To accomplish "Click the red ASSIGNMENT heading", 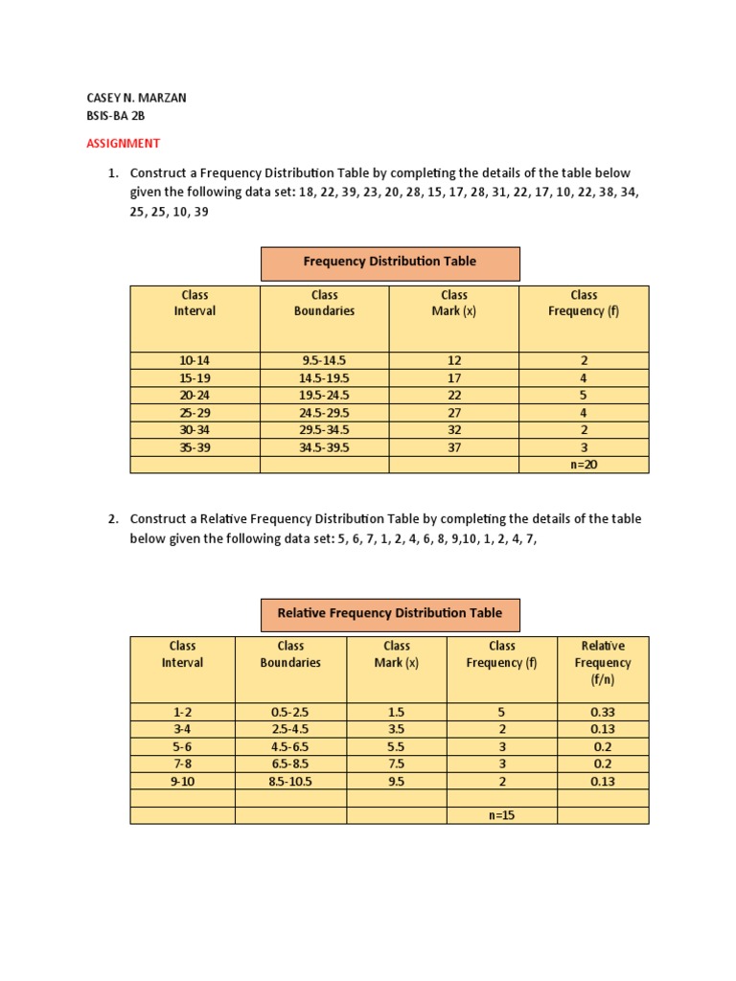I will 123,143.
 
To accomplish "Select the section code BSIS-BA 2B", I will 116,116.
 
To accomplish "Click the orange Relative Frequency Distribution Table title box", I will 390,613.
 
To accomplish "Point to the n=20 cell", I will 583,465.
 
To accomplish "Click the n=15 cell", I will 502,815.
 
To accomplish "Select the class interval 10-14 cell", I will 195,360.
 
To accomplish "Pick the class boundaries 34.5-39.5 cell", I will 324,447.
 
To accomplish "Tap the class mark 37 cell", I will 454,447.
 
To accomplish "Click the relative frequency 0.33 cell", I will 603,712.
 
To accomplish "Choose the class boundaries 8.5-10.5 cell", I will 290,781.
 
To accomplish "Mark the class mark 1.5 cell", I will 396,712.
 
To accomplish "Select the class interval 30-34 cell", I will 195,430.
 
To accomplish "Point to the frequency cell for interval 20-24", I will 583,395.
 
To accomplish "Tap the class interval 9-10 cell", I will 182,781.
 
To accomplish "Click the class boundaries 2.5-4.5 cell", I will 290,729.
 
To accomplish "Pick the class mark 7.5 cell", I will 396,764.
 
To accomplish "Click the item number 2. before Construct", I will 113,518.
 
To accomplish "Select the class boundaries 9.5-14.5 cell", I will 324,360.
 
